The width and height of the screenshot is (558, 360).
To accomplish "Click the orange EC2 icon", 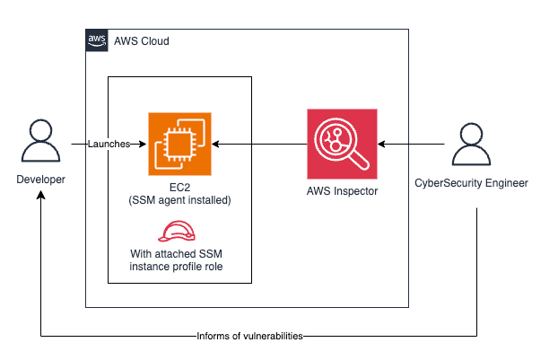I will [179, 144].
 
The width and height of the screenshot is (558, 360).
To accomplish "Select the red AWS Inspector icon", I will [343, 144].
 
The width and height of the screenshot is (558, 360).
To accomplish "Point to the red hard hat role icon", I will [179, 231].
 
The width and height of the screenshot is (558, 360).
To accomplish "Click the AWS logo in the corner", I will [96, 40].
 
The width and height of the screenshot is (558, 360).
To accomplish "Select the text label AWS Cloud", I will [141, 41].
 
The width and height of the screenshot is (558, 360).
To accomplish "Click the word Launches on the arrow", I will [109, 144].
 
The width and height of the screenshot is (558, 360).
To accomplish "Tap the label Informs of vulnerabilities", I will [250, 337].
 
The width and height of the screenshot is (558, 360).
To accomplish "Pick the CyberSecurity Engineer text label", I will [471, 183].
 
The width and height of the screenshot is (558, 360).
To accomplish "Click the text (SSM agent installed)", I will [179, 201].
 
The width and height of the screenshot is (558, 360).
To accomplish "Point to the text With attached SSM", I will [179, 255].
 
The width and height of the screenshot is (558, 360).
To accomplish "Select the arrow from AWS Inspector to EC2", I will [260, 144].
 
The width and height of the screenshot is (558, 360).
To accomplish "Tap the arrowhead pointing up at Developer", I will [40, 196].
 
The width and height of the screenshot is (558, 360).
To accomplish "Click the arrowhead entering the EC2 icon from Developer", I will [143, 144].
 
